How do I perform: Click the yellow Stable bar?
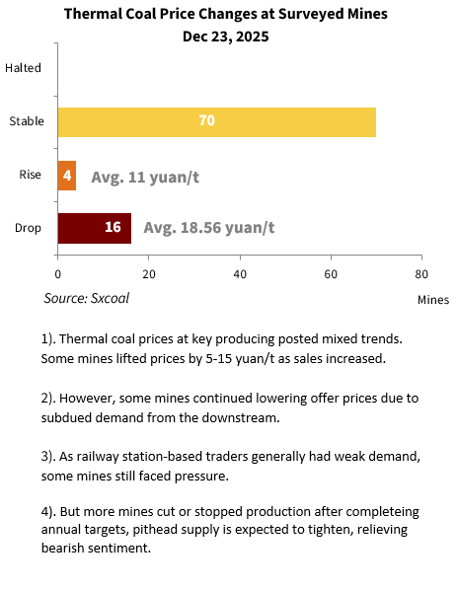(217, 122)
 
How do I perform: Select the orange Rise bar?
(67, 176)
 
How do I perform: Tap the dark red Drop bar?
(95, 228)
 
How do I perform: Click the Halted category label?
(23, 68)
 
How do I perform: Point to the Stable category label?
(27, 121)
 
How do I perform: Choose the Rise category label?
(30, 175)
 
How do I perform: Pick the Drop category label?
(28, 228)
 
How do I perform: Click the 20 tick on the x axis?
(149, 274)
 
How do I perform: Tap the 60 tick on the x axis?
(331, 274)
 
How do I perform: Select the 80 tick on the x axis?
(421, 274)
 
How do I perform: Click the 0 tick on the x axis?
(57, 274)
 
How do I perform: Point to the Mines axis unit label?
(433, 300)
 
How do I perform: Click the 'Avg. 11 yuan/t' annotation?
(145, 177)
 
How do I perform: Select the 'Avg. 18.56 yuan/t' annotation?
(209, 228)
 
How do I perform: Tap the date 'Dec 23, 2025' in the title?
(225, 37)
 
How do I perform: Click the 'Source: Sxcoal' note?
(87, 298)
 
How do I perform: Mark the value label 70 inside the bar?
(206, 120)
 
